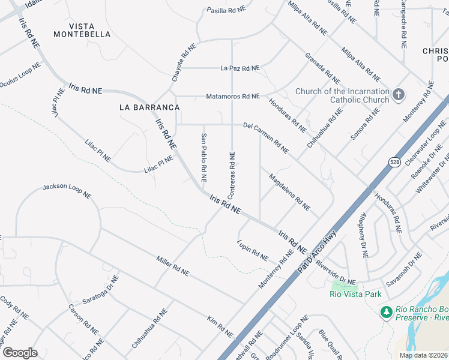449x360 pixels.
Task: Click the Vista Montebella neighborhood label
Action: (82, 30)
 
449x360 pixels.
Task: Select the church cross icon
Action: (399, 95)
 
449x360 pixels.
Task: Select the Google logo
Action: (20, 353)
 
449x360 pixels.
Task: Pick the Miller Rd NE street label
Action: (172, 266)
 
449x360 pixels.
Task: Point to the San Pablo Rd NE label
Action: (203, 158)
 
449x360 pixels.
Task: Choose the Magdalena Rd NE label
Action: (289, 192)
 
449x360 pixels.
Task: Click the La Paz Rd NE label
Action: (240, 68)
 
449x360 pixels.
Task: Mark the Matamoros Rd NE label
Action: (233, 96)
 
